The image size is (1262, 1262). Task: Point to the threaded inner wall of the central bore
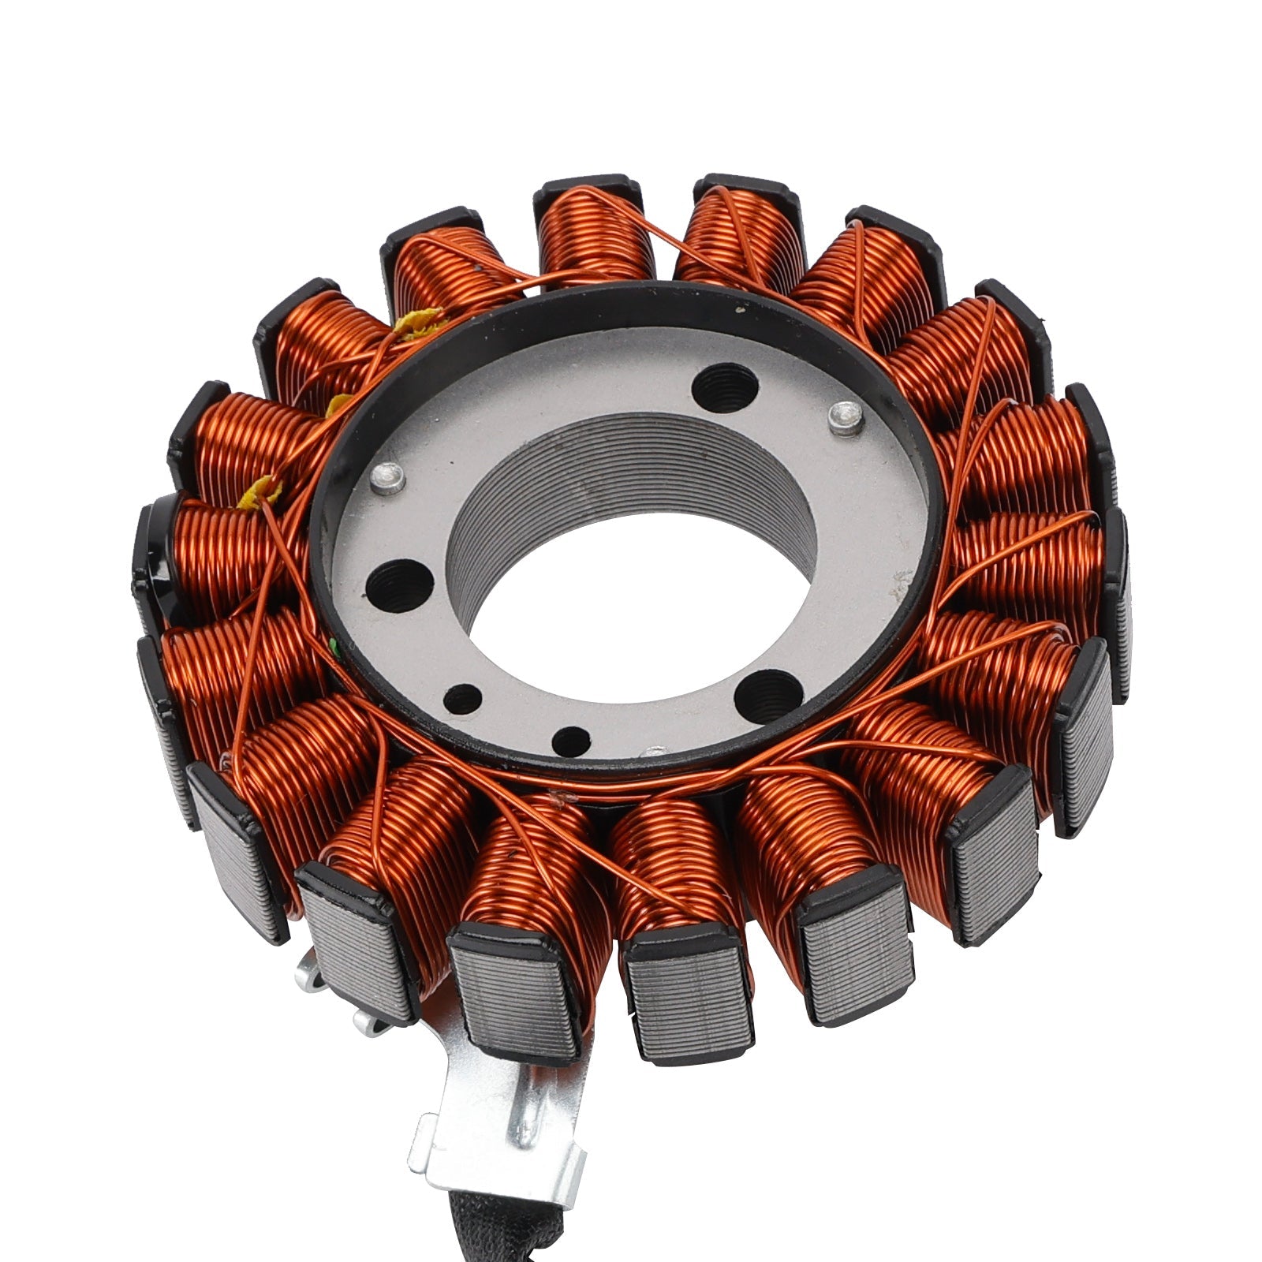point(623,473)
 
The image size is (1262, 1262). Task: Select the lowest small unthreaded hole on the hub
point(571,740)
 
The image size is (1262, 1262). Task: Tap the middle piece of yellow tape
point(339,405)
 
